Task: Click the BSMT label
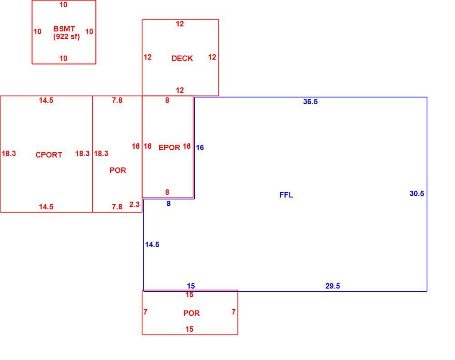click(64, 29)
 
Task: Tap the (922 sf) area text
click(66, 36)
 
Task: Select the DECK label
click(182, 58)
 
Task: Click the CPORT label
click(49, 155)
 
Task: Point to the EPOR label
click(169, 147)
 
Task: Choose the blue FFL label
click(286, 195)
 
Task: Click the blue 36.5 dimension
click(310, 101)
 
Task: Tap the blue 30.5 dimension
click(417, 193)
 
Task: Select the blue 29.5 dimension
click(333, 286)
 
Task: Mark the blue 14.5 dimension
click(152, 244)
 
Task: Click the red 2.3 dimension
click(134, 204)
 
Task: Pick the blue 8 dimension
click(169, 204)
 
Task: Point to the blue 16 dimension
click(200, 147)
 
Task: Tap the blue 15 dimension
click(191, 286)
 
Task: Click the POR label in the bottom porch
click(191, 313)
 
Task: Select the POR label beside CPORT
click(117, 170)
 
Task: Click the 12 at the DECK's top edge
click(180, 24)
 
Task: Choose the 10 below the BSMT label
click(63, 58)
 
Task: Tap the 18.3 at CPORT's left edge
click(9, 153)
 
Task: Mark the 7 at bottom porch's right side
click(233, 312)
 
